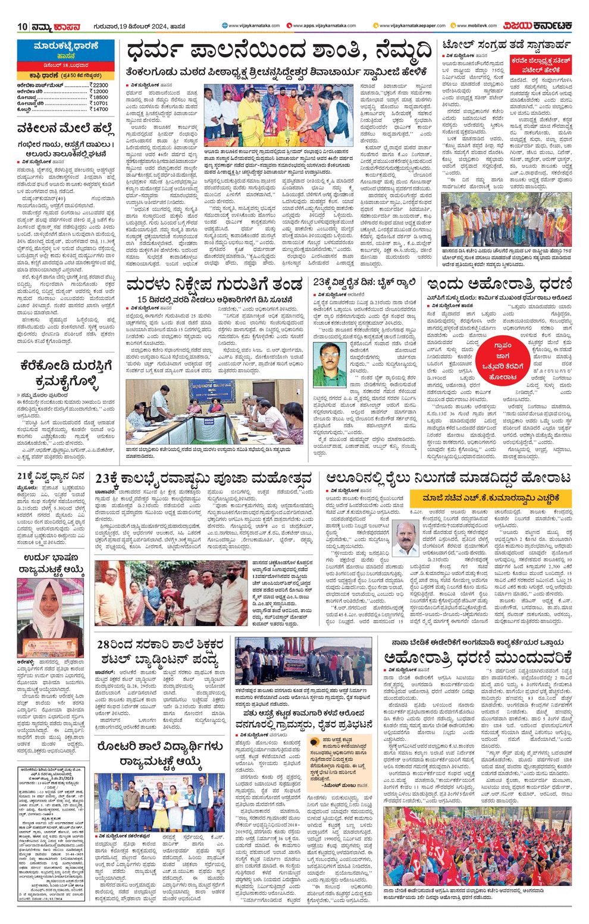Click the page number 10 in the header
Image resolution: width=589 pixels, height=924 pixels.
(23, 26)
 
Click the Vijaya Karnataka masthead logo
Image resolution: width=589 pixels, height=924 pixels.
(538, 26)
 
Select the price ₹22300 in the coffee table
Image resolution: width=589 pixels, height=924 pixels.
(99, 86)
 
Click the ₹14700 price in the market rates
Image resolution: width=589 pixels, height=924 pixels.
(99, 109)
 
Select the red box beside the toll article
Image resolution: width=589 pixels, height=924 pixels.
(539, 63)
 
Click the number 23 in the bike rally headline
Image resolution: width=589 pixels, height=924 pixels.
(321, 282)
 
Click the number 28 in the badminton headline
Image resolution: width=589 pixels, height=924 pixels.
(105, 645)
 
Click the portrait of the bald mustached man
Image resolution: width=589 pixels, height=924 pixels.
(406, 538)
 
